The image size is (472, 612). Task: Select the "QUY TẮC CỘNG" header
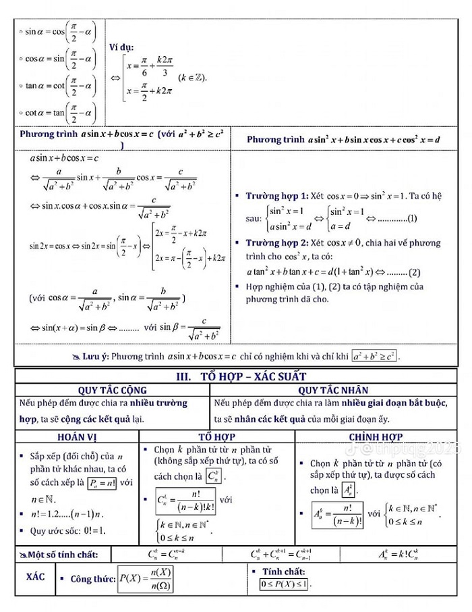[x=113, y=390]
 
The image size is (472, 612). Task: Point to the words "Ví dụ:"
[x=121, y=47]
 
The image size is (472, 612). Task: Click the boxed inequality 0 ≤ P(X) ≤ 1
[x=285, y=584]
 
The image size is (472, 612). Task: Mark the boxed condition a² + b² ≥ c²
[x=375, y=355]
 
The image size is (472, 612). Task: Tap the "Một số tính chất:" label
[x=62, y=555]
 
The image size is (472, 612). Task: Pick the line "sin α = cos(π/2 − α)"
[x=59, y=31]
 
